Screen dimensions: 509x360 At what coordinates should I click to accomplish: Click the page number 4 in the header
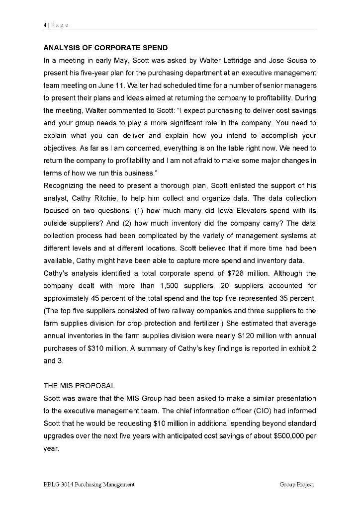tap(45, 25)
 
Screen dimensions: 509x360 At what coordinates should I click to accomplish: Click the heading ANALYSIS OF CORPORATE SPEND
tap(106, 48)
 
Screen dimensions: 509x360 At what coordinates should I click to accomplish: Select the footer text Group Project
tap(297, 484)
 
